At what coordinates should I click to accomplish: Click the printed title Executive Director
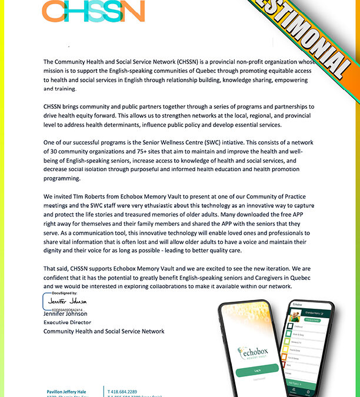click(67, 322)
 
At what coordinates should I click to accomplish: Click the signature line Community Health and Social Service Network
click(104, 331)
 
